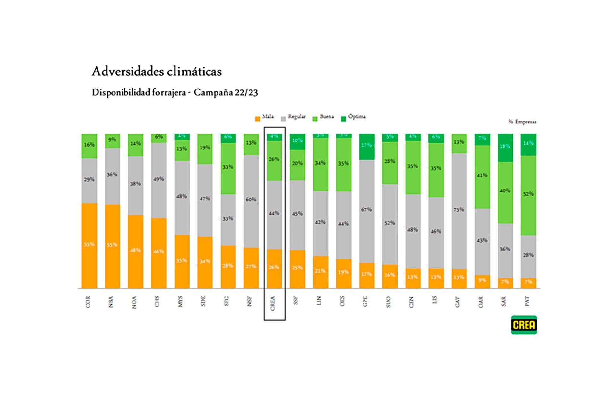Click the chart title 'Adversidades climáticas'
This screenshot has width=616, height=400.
pos(157,72)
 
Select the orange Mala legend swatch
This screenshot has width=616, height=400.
pos(257,119)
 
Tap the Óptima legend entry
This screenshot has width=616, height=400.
pos(353,117)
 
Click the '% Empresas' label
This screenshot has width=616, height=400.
pos(522,122)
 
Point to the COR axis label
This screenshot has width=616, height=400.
pos(88,302)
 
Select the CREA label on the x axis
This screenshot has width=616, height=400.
pos(273,302)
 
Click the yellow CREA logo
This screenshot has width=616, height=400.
pos(524,325)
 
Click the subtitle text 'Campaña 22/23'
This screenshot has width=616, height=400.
pos(226,93)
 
